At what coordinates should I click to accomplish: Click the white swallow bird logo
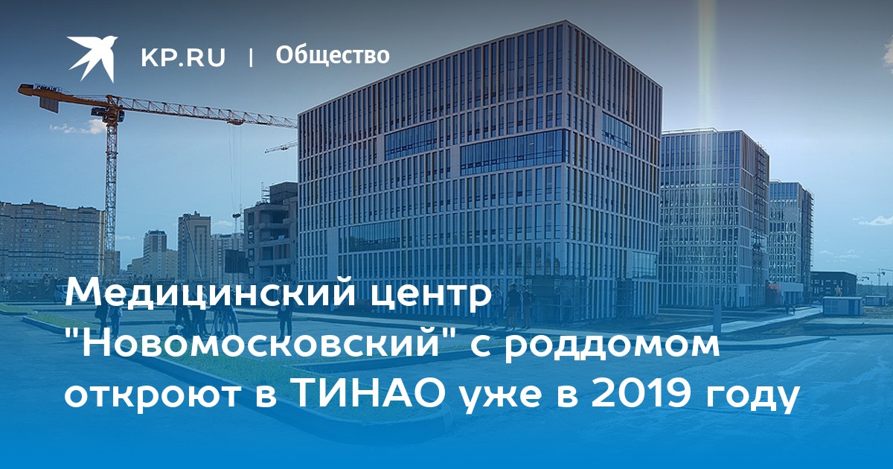[x=92, y=58]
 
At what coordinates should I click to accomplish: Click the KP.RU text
[x=183, y=57]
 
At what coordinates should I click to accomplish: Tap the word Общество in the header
[x=333, y=55]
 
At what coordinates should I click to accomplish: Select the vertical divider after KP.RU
[x=251, y=57]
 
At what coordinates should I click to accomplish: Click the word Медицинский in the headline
[x=210, y=294]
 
